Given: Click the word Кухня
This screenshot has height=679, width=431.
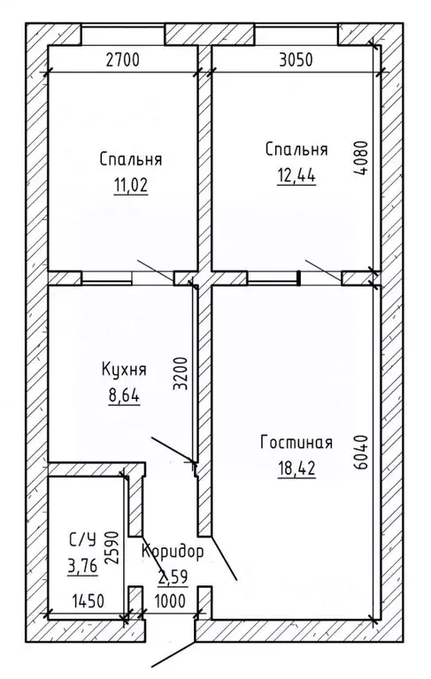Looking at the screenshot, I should pyautogui.click(x=124, y=370).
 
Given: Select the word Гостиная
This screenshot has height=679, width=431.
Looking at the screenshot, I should pyautogui.click(x=296, y=442).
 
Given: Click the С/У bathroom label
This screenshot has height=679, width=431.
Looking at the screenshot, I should pyautogui.click(x=83, y=538).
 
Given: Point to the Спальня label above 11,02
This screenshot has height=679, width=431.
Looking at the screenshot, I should pyautogui.click(x=131, y=161).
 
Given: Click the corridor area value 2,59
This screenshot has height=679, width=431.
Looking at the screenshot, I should pyautogui.click(x=174, y=578).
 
